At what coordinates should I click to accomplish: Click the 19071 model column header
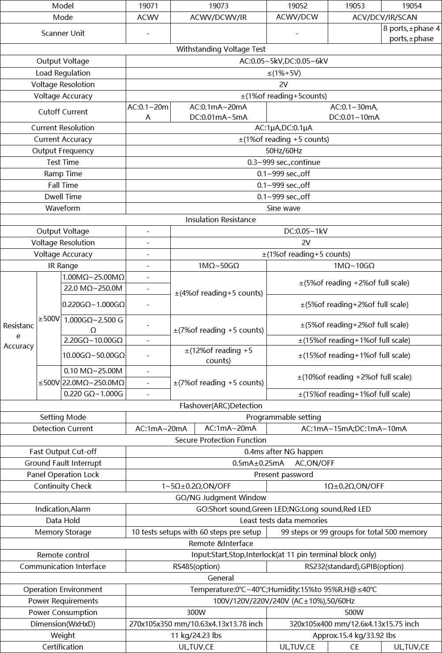point(148,6)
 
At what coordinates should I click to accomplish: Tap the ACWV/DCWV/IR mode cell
point(218,17)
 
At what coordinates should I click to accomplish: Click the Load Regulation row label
point(63,73)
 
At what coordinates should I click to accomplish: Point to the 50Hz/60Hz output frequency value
point(284,151)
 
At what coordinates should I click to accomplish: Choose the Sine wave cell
point(284,208)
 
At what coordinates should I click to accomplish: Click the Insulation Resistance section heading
point(221,220)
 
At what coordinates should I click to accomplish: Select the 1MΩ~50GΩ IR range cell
point(218,266)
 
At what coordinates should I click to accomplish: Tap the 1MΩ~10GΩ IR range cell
point(354,266)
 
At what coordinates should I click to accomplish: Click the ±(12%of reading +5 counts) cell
point(218,355)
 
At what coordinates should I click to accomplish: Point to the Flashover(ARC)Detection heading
point(221,406)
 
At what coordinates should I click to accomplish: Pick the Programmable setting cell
point(284,417)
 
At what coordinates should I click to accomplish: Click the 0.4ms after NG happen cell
point(284,452)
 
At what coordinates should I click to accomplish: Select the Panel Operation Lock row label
point(63,475)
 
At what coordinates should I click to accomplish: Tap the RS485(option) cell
point(196,566)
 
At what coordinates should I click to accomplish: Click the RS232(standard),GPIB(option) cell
point(354,566)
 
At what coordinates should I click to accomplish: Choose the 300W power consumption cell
point(196,612)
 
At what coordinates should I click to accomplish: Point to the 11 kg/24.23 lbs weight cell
point(196,635)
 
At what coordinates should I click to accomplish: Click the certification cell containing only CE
point(354,647)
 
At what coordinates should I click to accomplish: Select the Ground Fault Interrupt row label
point(63,463)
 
